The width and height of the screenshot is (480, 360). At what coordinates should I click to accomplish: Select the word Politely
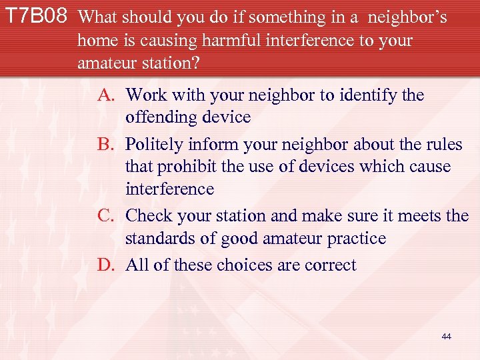coord(156,145)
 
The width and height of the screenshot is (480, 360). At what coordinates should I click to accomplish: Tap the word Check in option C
coord(148,216)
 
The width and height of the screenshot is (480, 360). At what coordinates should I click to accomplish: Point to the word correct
coord(330,265)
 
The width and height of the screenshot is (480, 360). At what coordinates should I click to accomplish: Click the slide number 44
coord(446,337)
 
